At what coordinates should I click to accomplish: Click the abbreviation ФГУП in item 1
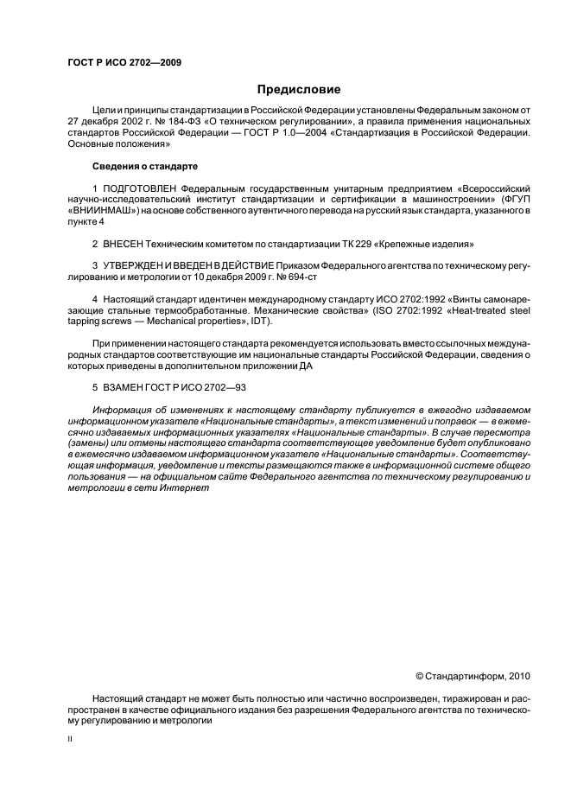click(x=517, y=199)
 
